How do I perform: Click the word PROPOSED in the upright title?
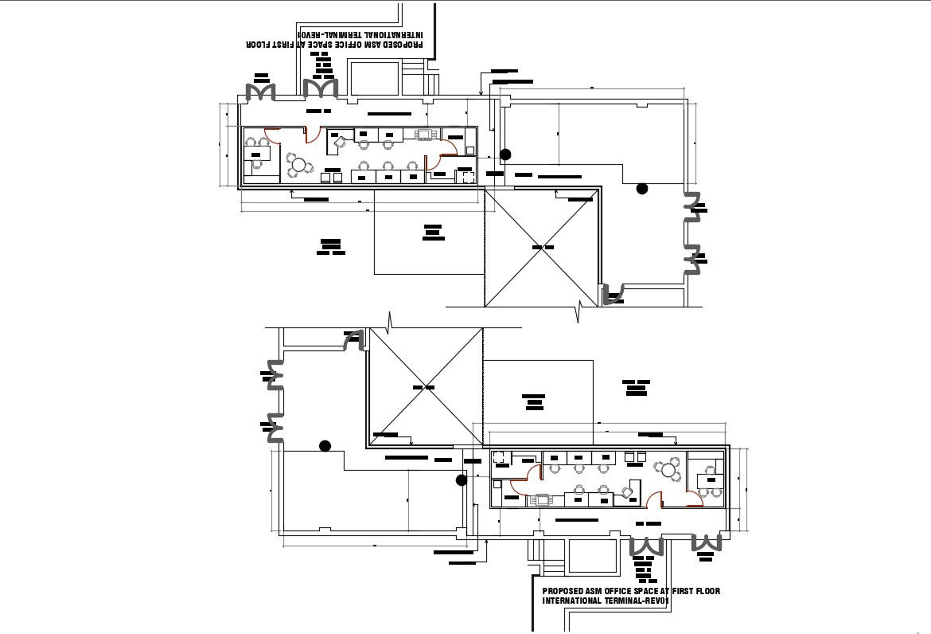563,591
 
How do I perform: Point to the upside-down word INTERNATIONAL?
390,35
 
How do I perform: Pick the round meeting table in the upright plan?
666,470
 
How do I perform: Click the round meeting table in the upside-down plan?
298,166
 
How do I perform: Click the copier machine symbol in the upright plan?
543,500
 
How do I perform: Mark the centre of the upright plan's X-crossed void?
425,386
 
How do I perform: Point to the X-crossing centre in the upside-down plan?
543,248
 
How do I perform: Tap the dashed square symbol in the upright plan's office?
500,457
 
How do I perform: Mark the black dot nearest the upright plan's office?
461,479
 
